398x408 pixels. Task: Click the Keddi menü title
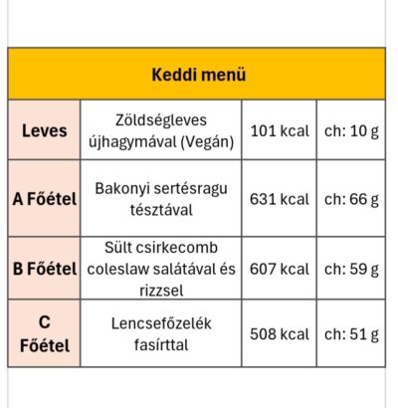pyautogui.click(x=199, y=75)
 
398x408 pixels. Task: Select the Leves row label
pyautogui.click(x=44, y=130)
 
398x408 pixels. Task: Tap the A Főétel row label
pyautogui.click(x=44, y=198)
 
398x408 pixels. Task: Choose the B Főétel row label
pyautogui.click(x=44, y=268)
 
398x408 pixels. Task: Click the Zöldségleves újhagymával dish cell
pyautogui.click(x=160, y=130)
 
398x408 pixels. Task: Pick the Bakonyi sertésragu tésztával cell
pyautogui.click(x=160, y=198)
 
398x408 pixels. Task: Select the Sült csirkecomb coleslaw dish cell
pyautogui.click(x=160, y=268)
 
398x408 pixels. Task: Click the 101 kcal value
pyautogui.click(x=280, y=130)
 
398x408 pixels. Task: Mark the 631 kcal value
pyautogui.click(x=280, y=198)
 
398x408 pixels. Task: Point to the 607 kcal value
pyautogui.click(x=280, y=268)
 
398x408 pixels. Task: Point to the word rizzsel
pyautogui.click(x=160, y=290)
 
